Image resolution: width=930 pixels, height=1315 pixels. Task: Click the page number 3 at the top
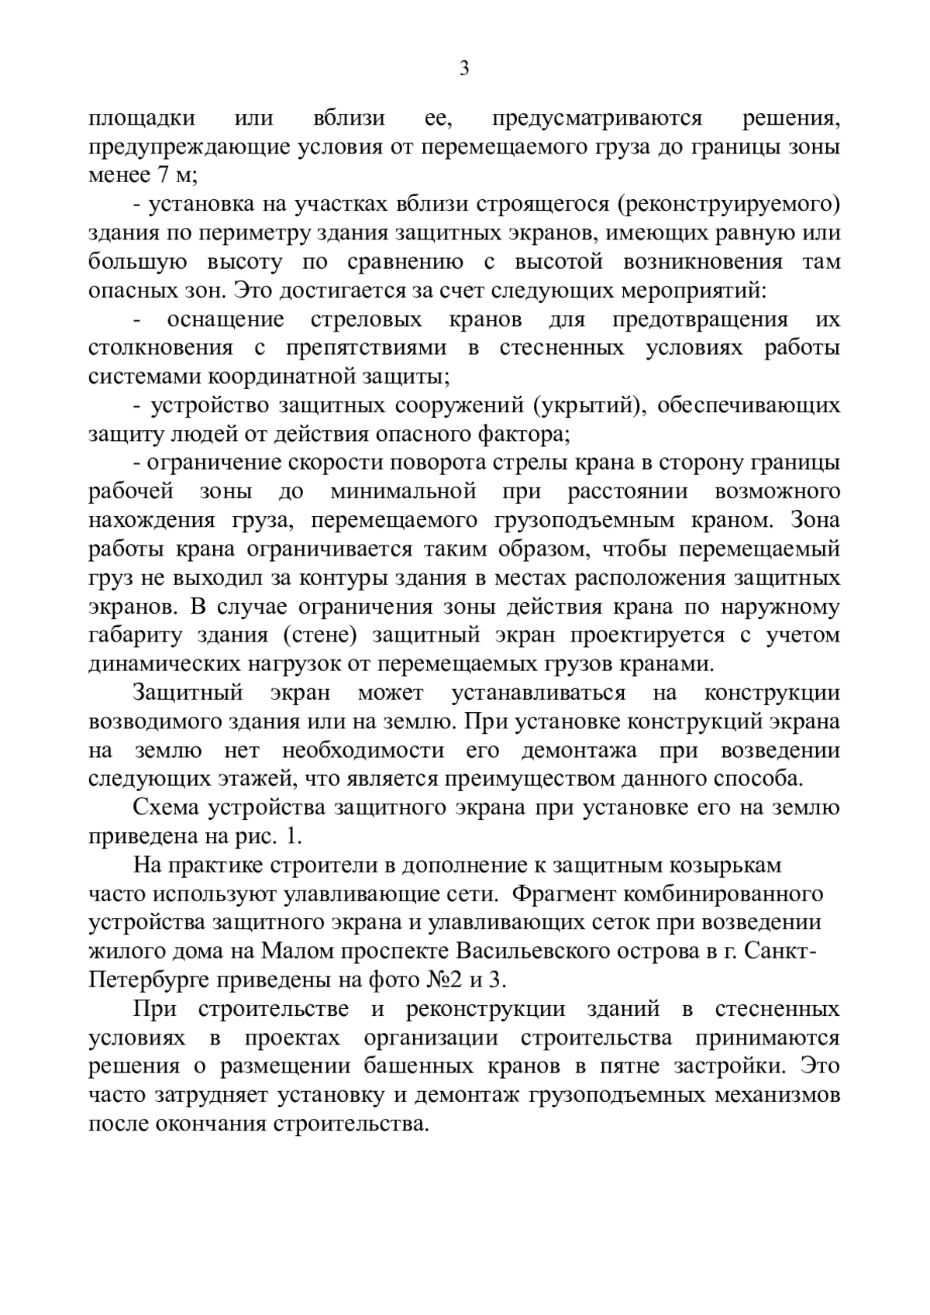click(464, 69)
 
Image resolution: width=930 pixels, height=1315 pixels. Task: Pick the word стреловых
click(367, 319)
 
